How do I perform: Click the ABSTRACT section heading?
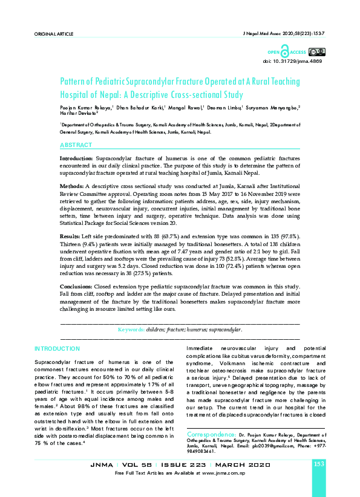click(x=76, y=145)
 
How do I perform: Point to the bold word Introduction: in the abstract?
click(x=76, y=157)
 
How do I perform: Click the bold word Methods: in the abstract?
click(x=72, y=184)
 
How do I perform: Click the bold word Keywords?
click(x=131, y=330)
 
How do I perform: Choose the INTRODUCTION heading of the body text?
click(x=57, y=349)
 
